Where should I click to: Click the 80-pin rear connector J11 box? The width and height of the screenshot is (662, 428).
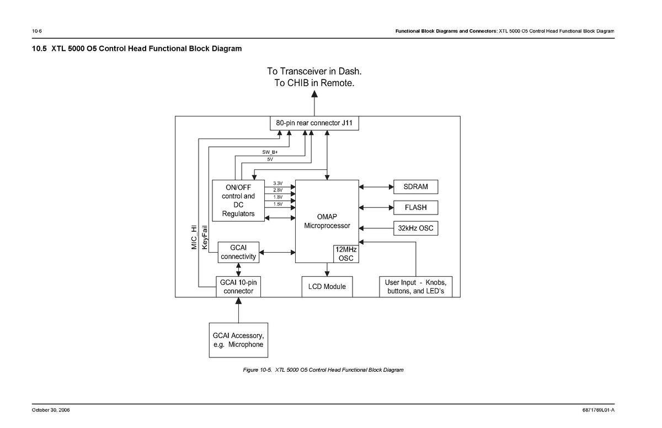click(x=314, y=122)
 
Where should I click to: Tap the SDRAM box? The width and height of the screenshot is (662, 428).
click(x=415, y=187)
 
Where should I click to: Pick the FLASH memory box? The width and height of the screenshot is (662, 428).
click(x=415, y=207)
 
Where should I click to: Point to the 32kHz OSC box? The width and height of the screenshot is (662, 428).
click(x=415, y=228)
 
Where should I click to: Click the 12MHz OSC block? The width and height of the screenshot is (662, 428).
click(x=346, y=254)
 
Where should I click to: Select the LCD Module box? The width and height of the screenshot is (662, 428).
click(x=327, y=287)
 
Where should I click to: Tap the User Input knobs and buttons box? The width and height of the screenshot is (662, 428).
click(x=415, y=287)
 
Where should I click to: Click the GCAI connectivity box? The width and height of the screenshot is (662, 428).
click(x=238, y=252)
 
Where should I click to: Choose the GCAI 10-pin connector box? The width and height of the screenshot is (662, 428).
click(x=238, y=287)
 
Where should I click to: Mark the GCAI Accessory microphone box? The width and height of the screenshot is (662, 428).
click(x=238, y=340)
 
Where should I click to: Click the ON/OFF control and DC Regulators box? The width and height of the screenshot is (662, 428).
click(x=238, y=200)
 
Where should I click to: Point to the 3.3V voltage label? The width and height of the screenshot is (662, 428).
click(x=277, y=184)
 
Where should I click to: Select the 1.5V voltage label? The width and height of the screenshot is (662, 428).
click(x=277, y=204)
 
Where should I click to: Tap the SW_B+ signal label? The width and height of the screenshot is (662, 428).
click(x=270, y=152)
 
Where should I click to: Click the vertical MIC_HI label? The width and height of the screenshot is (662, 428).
click(x=194, y=237)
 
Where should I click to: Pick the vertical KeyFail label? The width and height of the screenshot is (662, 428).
click(x=205, y=236)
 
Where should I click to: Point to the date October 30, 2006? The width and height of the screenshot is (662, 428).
click(x=51, y=410)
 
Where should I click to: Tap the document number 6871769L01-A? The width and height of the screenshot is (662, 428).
click(x=598, y=410)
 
